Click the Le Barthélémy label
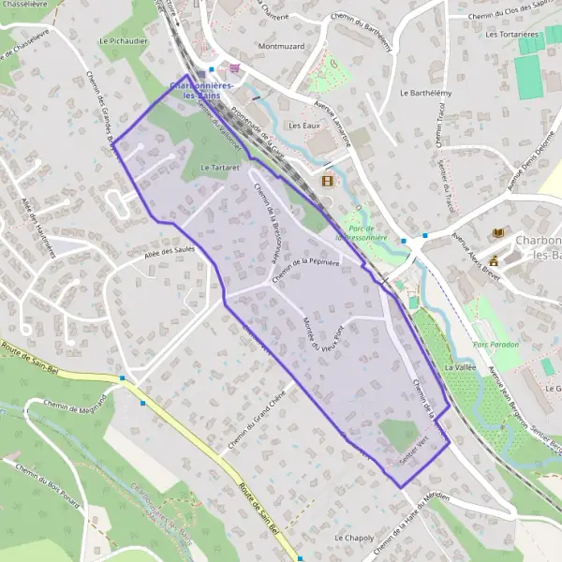click(421, 94)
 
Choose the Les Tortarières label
click(511, 34)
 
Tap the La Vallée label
click(461, 368)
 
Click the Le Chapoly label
click(354, 539)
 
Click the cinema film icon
click(327, 181)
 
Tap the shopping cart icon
click(233, 67)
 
